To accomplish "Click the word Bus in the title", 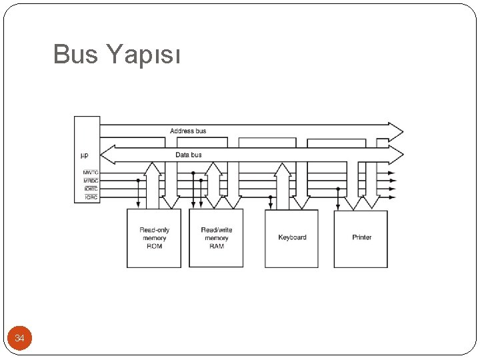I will pos(75,55).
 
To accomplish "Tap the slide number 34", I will pos(19,339).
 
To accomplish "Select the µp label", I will pos(84,155).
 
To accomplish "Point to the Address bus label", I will pos(188,131).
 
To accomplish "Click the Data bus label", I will pos(188,155).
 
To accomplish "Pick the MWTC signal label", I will pos(91,173).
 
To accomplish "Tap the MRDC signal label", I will pos(91,181).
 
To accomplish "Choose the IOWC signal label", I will pos(91,189).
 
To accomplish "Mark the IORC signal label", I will pos(91,197).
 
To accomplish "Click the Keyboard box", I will pos(292,238).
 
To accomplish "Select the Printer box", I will pos(361,238).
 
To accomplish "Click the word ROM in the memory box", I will pos(154,247).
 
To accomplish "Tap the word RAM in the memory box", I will pos(217,247).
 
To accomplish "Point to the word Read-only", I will pos(154,230).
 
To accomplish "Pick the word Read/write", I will pos(217,230).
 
